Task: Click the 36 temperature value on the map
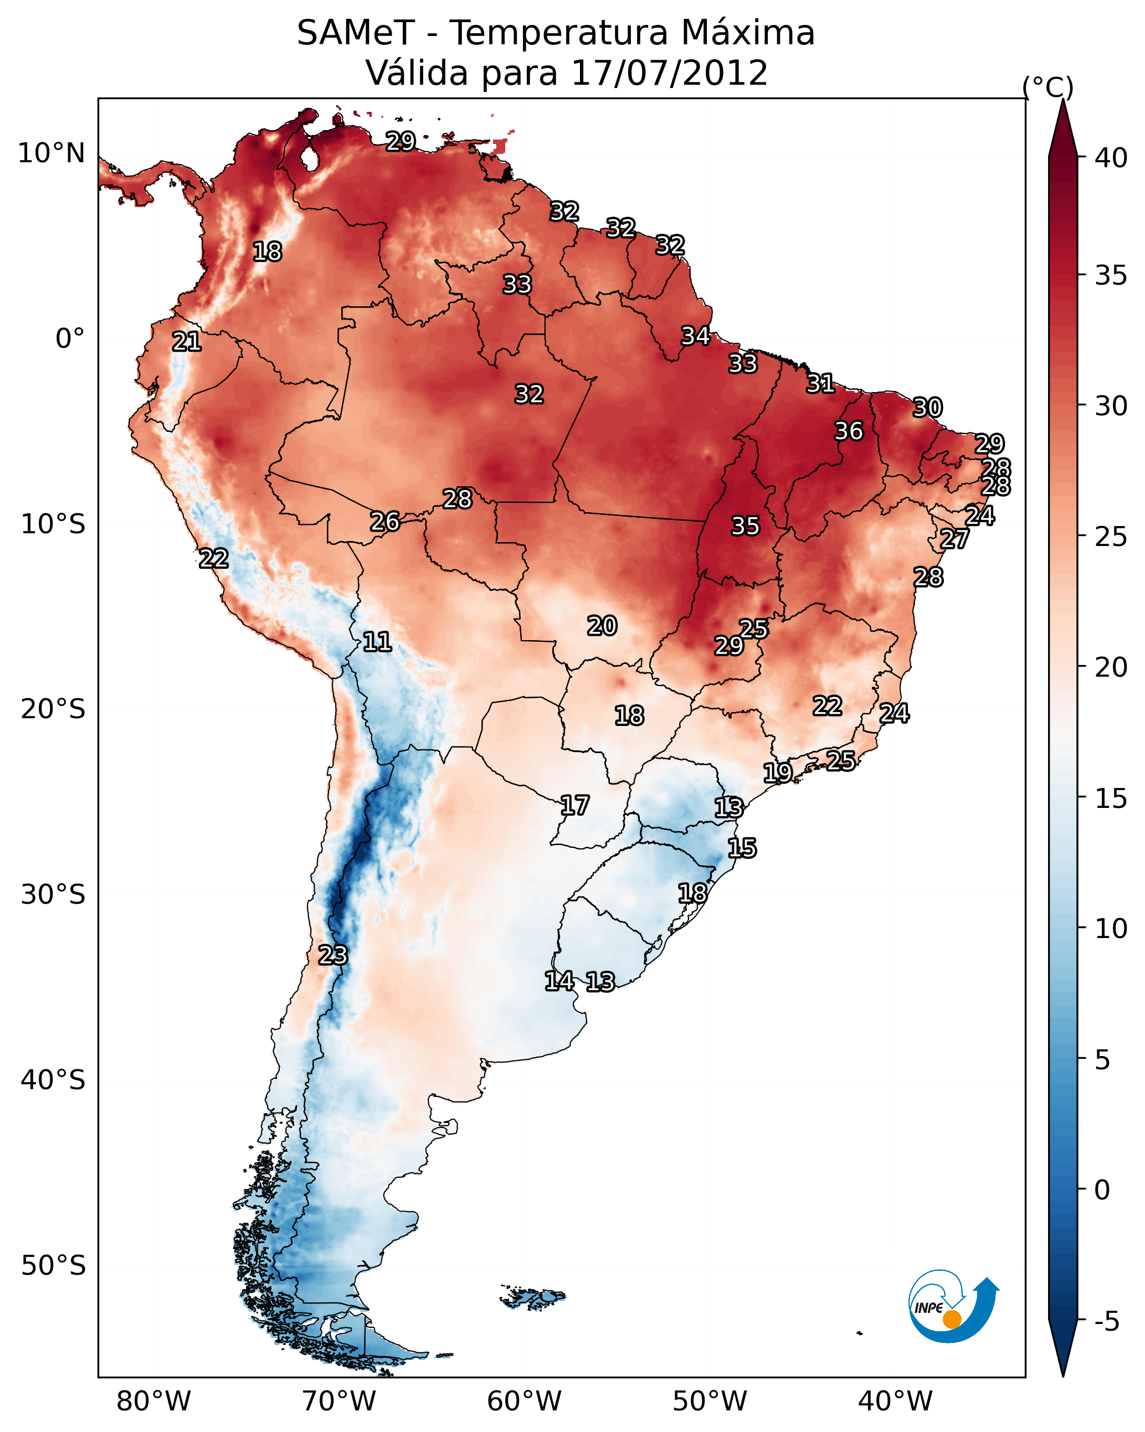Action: (849, 431)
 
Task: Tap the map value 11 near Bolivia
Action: (377, 642)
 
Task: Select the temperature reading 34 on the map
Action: (696, 336)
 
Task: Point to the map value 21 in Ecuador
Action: (187, 342)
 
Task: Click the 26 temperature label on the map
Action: (385, 522)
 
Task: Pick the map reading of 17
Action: (574, 806)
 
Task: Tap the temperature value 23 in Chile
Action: (332, 955)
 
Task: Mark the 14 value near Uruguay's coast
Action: (559, 981)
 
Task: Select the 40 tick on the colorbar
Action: (1111, 158)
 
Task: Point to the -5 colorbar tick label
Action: (1106, 1322)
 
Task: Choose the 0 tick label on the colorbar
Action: (1102, 1190)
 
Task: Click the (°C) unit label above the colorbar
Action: (1048, 87)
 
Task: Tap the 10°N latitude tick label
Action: (51, 153)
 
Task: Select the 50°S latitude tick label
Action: (53, 1266)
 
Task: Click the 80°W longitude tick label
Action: (153, 1402)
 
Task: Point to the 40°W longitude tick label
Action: (895, 1402)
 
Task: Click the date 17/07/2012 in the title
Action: (669, 73)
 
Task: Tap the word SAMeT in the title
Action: (356, 33)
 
